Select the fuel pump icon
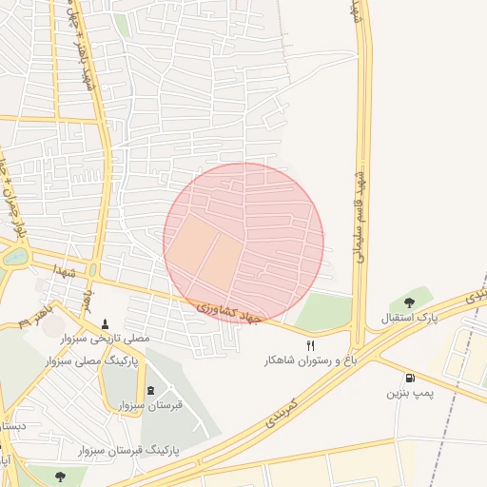point(410,378)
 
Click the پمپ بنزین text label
point(409,394)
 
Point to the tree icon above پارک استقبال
point(410,302)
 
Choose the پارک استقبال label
point(410,318)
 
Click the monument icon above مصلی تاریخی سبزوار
point(106,323)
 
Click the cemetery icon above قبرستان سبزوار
point(150,390)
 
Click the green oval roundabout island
point(16,256)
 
